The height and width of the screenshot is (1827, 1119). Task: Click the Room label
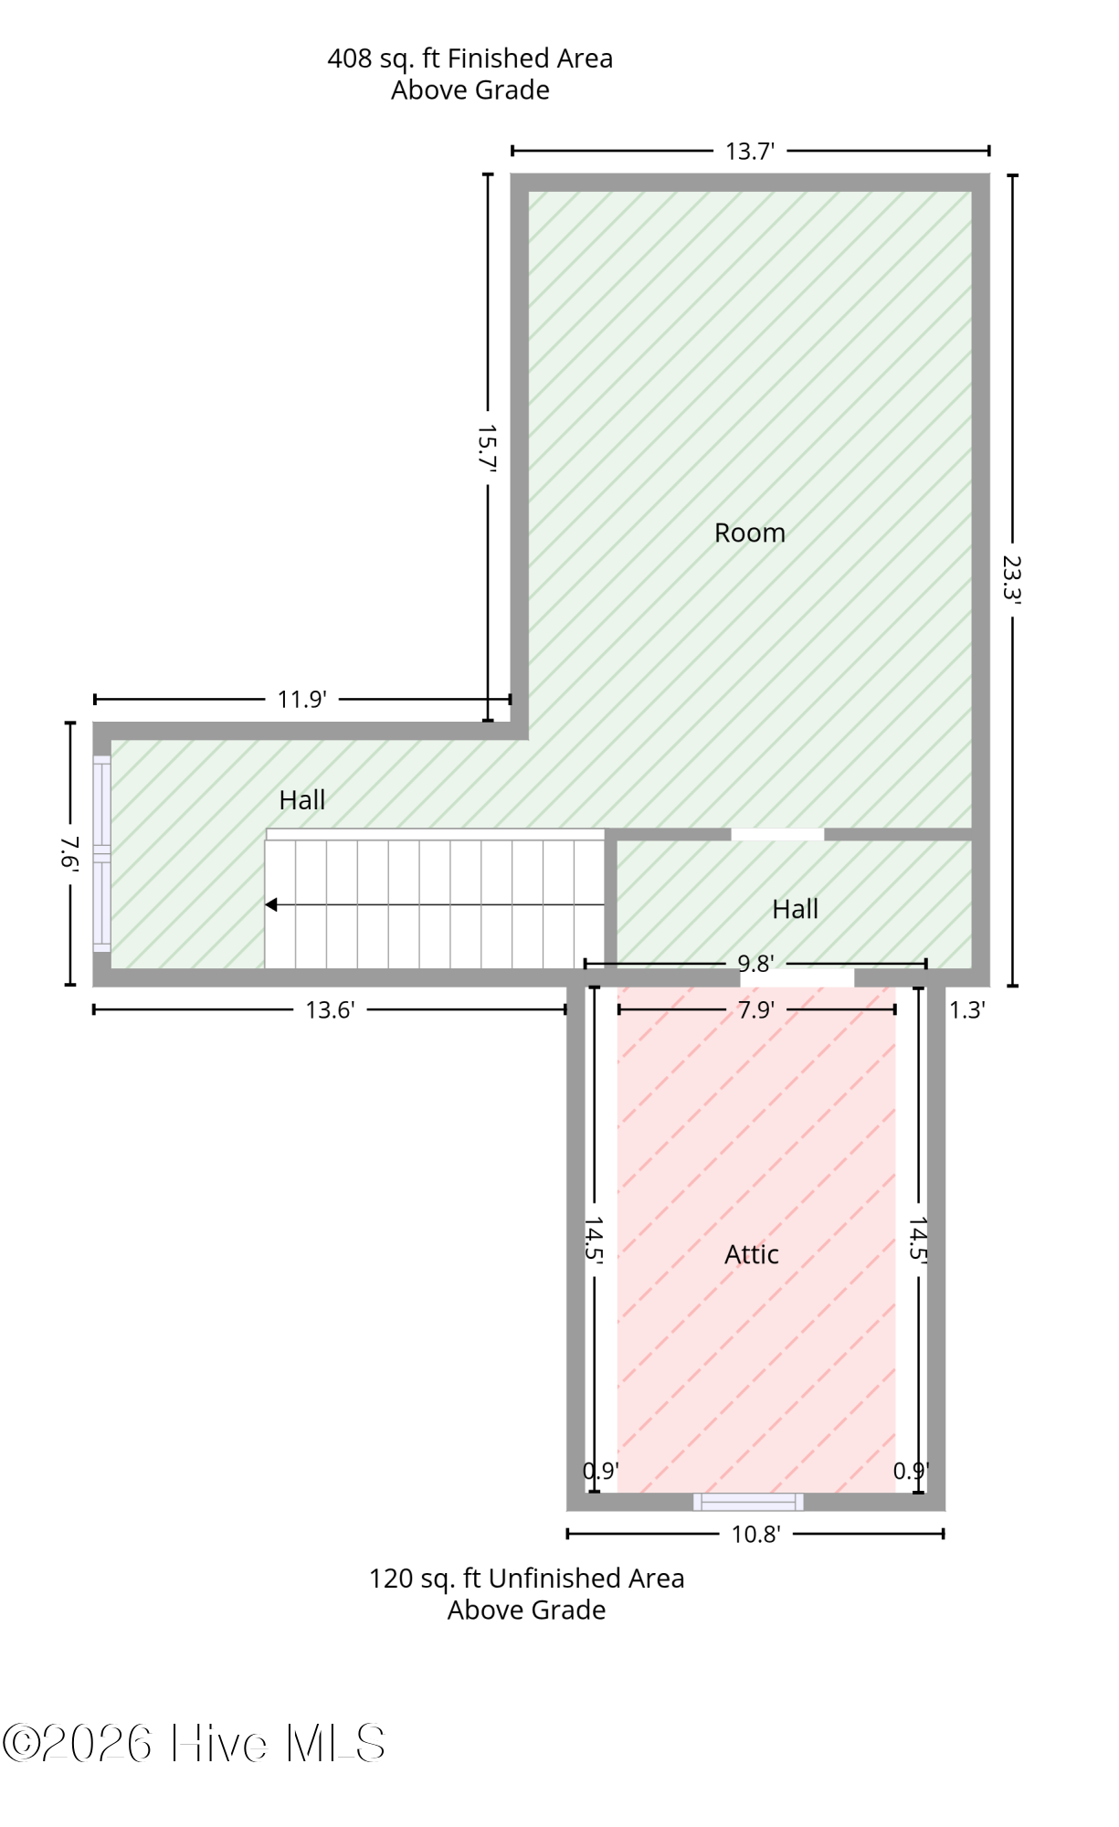point(749,533)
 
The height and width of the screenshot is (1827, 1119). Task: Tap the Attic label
point(751,1254)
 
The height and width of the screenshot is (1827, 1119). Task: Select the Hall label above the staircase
point(301,800)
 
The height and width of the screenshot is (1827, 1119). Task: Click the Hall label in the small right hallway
point(795,909)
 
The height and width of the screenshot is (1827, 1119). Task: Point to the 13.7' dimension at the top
point(750,151)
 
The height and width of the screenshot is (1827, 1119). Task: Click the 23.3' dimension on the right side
point(1011,579)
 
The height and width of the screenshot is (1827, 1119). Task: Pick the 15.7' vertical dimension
point(487,448)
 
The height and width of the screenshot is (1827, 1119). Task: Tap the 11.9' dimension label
point(301,699)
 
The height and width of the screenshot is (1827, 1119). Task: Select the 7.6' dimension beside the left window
point(69,853)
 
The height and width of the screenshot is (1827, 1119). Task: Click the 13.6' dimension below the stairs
point(330,1009)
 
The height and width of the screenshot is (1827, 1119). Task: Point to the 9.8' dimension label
point(755,963)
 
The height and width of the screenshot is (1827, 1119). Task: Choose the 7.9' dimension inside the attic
point(755,1009)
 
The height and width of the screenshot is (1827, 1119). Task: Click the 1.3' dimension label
point(966,1009)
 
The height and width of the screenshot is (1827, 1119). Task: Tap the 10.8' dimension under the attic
point(755,1534)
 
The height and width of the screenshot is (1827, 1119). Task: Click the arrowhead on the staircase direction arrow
point(271,904)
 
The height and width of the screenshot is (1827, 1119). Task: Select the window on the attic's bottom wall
point(748,1502)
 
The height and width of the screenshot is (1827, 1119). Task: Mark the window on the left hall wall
point(101,854)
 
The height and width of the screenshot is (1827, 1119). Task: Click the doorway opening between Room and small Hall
point(777,834)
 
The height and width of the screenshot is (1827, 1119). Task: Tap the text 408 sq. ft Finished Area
point(470,58)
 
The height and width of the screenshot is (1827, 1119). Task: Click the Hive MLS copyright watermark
point(194,1744)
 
